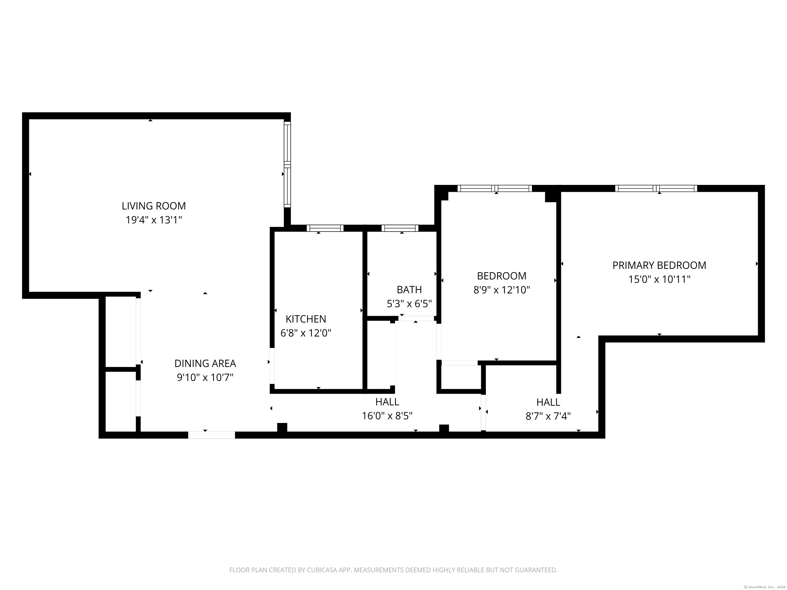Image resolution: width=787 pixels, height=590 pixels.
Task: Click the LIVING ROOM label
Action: [x=154, y=206]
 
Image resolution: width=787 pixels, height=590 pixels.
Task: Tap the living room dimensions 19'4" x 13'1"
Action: [x=154, y=220]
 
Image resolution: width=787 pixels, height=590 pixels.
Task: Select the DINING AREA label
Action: [x=205, y=363]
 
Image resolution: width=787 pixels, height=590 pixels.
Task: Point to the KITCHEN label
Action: [x=306, y=319]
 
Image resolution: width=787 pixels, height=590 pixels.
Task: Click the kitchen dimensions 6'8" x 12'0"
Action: [x=306, y=333]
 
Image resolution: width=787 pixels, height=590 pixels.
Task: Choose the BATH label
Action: [x=409, y=290]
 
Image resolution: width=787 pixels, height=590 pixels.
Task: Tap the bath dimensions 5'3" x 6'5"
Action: [x=409, y=304]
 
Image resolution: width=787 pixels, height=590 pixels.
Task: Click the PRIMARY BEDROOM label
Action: [x=659, y=265]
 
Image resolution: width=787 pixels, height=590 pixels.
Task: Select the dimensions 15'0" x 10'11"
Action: [x=659, y=280]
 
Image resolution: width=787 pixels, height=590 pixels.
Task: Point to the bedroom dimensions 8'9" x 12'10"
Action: [x=501, y=290]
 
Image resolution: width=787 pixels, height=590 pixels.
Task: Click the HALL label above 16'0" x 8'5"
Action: [x=387, y=402]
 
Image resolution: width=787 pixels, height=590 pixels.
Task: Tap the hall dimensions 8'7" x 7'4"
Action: [x=548, y=416]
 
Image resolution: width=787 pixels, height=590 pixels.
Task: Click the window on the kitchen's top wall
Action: [x=325, y=228]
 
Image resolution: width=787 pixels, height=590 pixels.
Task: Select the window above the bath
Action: [x=400, y=228]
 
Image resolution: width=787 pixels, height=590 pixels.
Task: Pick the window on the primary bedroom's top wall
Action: [x=656, y=188]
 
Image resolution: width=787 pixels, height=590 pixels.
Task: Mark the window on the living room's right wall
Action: [x=287, y=165]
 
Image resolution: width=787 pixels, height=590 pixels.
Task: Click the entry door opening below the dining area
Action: [x=211, y=435]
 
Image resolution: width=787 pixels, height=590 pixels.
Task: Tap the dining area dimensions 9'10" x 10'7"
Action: [x=205, y=377]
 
